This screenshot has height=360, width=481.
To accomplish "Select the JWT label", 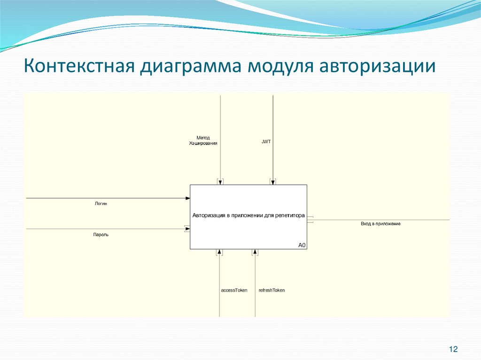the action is click(266, 141).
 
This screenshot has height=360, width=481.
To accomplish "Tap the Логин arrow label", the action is click(101, 204).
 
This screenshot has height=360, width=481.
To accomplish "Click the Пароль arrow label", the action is click(101, 234).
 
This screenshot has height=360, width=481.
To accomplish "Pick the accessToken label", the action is click(234, 290).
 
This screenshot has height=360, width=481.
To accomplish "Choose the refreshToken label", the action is click(272, 290).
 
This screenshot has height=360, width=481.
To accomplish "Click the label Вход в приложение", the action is click(380, 224).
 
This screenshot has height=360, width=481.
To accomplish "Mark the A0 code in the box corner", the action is click(302, 245).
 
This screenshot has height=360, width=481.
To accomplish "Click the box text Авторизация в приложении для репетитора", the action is click(248, 215).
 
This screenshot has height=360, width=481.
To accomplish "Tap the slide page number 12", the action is click(453, 349).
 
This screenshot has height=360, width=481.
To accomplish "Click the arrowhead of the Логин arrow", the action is click(187, 198).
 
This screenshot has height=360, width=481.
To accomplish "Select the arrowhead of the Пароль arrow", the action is click(187, 229).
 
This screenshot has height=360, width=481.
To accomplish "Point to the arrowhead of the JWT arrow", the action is click(273, 182).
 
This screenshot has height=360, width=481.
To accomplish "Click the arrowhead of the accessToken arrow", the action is click(220, 252).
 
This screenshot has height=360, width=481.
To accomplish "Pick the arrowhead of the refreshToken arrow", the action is click(255, 252).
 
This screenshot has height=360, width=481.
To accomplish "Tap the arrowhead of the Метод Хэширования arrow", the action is click(220, 182).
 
